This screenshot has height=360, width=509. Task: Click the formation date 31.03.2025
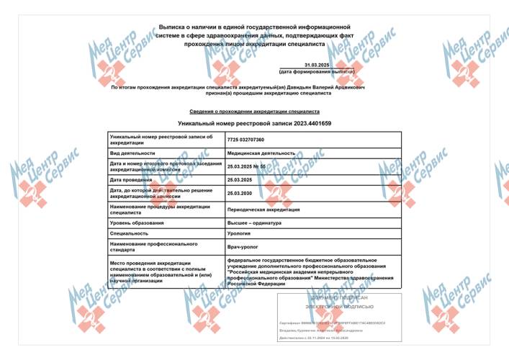pos(316,66)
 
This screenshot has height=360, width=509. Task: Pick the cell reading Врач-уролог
pos(242,247)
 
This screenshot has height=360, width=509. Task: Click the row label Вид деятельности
pos(132,153)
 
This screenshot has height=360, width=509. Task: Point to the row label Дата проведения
pos(132,179)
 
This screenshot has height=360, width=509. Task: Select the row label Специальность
pos(129,234)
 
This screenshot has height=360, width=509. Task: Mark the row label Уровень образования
pos(138,223)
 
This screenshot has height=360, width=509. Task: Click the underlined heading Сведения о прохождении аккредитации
pos(254,112)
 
